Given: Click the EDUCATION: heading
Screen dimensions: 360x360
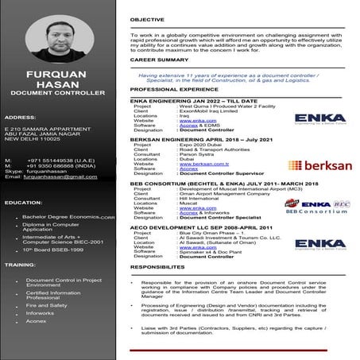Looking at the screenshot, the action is pyautogui.click(x=23, y=203).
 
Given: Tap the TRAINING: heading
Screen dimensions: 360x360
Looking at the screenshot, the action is pyautogui.click(x=19, y=264).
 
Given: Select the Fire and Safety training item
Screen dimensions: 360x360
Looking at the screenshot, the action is pyautogui.click(x=47, y=304).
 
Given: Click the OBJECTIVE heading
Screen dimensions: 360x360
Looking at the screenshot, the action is pyautogui.click(x=147, y=19).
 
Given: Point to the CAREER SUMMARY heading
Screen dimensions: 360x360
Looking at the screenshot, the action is pyautogui.click(x=159, y=60).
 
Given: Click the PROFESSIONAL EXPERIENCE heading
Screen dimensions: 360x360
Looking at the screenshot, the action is pyautogui.click(x=175, y=90).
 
